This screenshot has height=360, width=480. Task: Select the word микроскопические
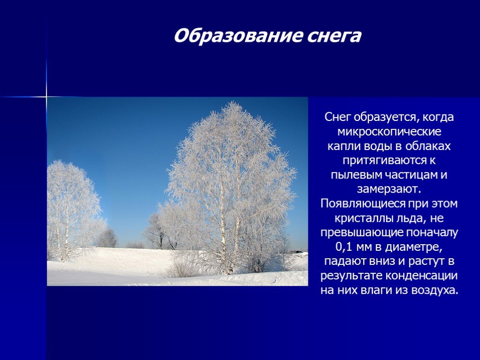pos(389,131)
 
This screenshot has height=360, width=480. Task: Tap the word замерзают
pos(389,189)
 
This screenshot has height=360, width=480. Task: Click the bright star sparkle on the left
pos(46,97)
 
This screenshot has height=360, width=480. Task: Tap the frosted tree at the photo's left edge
pos(70,206)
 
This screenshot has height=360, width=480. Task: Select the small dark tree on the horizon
pos(107,239)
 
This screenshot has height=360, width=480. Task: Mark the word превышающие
pos(358,233)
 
